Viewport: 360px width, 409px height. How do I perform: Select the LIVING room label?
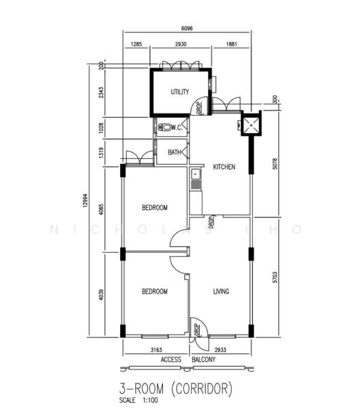221,291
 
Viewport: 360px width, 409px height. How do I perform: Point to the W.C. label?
176,127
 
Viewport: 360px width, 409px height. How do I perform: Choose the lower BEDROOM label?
155,291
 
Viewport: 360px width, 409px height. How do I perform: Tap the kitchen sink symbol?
195,179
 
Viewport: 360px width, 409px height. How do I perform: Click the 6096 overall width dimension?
186,29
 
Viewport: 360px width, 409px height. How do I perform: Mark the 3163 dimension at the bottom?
155,348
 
